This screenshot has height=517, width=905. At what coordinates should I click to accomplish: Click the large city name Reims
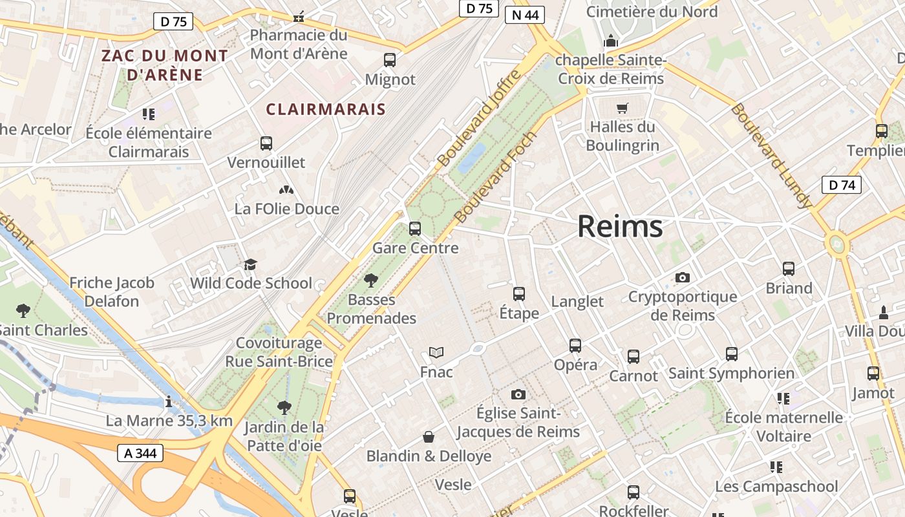pos(619,226)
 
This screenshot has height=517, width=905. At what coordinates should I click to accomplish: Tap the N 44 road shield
pos(524,15)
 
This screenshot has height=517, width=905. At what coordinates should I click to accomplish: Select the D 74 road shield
pos(842,185)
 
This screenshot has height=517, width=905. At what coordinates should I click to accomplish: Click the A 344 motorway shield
pos(140,453)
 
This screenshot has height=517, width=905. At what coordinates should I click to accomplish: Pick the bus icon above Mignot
pos(390,60)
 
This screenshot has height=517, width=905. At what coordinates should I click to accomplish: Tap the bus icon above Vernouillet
pos(266,143)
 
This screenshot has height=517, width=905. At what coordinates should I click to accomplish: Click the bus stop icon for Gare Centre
pos(415,229)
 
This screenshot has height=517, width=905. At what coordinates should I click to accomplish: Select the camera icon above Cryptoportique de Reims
pos(682,278)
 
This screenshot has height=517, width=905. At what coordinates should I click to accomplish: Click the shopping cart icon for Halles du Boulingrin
pos(622,108)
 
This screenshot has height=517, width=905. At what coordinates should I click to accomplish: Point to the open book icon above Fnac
pos(436,353)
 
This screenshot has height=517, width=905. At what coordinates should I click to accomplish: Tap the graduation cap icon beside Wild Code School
pos(250,265)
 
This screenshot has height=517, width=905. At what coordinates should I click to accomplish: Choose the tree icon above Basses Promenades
pos(371,280)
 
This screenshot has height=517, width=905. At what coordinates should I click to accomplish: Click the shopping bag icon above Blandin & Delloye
pos(428,438)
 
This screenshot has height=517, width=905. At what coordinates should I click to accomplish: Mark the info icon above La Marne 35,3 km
pos(169,402)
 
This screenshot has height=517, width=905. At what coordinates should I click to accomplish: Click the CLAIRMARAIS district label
pos(326,109)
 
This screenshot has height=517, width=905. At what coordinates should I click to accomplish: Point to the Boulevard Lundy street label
pos(770,155)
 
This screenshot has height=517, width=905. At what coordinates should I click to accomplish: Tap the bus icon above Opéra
pos(575,346)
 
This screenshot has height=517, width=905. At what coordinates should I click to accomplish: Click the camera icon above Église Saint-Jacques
pos(518,394)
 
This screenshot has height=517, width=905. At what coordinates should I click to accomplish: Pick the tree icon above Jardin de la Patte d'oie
pos(284,408)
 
